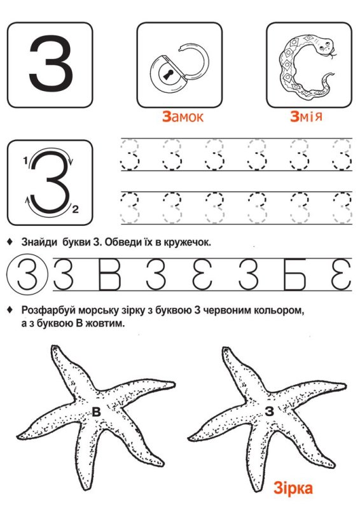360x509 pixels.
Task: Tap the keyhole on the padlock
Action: pyautogui.click(x=169, y=76)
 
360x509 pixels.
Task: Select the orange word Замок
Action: pyautogui.click(x=183, y=117)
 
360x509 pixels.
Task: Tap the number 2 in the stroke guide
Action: pyautogui.click(x=75, y=209)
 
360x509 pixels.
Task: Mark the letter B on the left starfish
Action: pyautogui.click(x=97, y=412)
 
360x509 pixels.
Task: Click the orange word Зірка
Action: pyautogui.click(x=293, y=489)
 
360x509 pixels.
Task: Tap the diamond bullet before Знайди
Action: pyautogui.click(x=10, y=242)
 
